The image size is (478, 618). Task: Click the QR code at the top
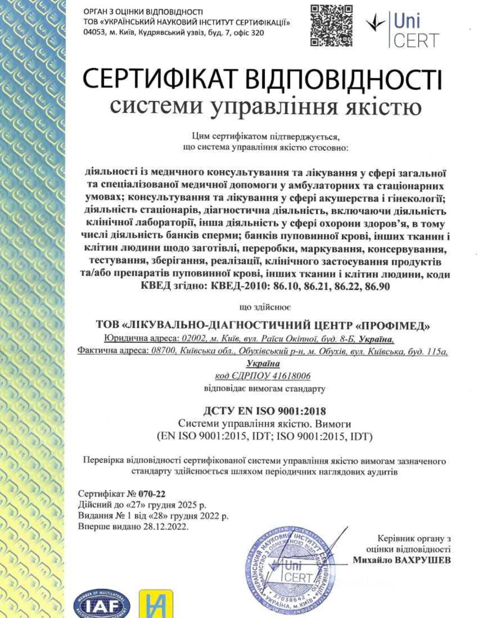tap(332, 26)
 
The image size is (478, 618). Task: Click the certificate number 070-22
tap(152, 494)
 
